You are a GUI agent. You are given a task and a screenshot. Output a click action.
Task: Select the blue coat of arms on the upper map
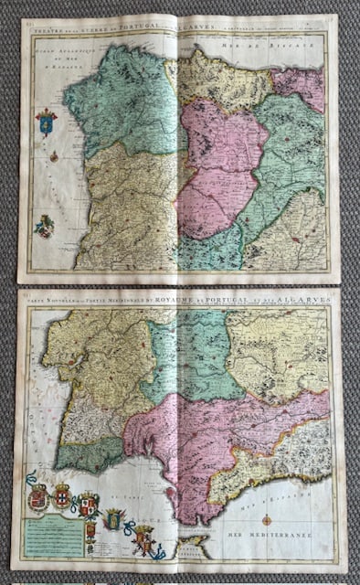[x=46, y=122]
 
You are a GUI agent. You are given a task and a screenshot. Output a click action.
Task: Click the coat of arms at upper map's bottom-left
[x=44, y=225]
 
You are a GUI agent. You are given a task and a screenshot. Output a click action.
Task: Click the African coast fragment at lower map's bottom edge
[x=195, y=548]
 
